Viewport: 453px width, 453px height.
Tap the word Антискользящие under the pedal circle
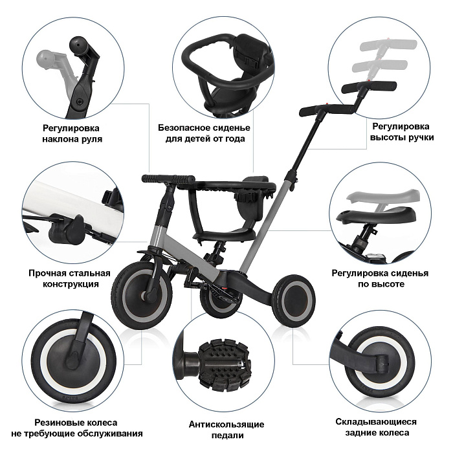[x=226, y=425]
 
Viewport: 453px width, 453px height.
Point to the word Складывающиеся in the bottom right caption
[x=376, y=422]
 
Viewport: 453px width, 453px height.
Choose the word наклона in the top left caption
[x=58, y=139]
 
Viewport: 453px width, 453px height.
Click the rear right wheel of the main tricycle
[x=294, y=300]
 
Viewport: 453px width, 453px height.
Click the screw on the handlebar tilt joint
[x=80, y=101]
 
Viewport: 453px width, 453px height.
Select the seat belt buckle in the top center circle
[x=251, y=60]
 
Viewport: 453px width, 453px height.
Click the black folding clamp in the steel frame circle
[x=67, y=230]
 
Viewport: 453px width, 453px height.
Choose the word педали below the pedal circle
[x=227, y=436]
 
